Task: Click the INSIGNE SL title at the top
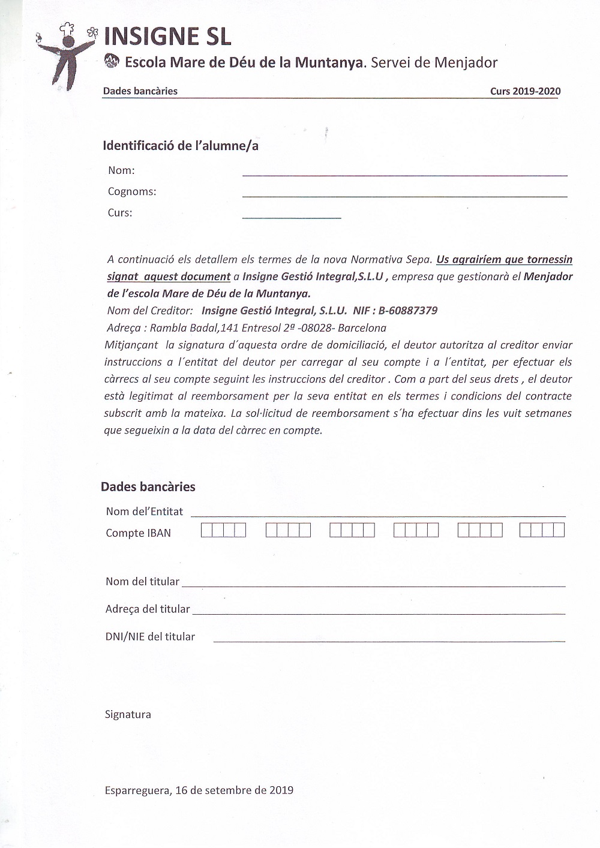[x=167, y=37]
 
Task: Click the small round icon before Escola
[x=112, y=61]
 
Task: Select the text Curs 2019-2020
[x=525, y=91]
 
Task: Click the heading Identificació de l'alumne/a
[x=181, y=146]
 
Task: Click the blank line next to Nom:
[x=404, y=175]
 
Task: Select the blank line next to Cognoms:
[x=404, y=196]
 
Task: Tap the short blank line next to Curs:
[x=292, y=217]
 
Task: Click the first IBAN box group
[x=223, y=530]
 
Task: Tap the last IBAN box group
[x=542, y=530]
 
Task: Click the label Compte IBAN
[x=138, y=533]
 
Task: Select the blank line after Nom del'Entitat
[x=378, y=515]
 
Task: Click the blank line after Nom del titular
[x=373, y=585]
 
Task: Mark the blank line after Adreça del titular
[x=379, y=613]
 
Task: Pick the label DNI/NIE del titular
[x=150, y=637]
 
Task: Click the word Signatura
[x=128, y=714]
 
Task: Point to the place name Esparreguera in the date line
[x=137, y=790]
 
